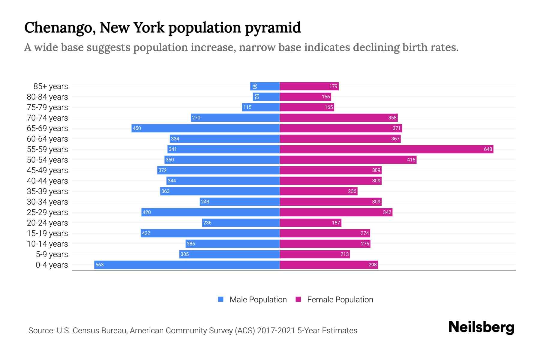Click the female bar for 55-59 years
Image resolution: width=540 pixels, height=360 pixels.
click(x=386, y=149)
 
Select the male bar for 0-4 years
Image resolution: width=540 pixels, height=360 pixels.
click(x=187, y=265)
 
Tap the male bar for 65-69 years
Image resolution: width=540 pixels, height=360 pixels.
click(x=205, y=128)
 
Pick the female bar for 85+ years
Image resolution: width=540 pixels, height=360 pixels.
click(x=309, y=86)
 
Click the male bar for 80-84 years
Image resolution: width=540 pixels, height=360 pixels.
click(x=266, y=97)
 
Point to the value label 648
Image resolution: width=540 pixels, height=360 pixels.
click(x=488, y=149)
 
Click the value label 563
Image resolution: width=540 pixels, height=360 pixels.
click(x=99, y=265)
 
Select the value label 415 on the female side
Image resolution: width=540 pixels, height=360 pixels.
click(x=411, y=160)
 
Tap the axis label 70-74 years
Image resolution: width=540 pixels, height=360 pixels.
click(x=47, y=118)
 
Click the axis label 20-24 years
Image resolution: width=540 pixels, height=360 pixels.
click(x=47, y=223)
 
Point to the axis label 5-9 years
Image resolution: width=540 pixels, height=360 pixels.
click(x=52, y=254)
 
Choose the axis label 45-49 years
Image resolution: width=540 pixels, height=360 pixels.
click(x=47, y=170)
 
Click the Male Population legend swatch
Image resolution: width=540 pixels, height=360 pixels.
click(x=221, y=299)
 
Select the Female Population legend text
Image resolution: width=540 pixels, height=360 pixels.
click(x=340, y=299)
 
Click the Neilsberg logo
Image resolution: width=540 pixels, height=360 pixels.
click(x=481, y=327)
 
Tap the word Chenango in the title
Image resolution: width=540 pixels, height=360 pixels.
click(x=60, y=28)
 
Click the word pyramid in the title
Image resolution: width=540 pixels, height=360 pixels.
click(x=273, y=28)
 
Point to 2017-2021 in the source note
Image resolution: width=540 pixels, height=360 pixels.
click(x=276, y=331)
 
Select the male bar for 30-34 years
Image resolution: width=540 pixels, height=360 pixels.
click(x=240, y=202)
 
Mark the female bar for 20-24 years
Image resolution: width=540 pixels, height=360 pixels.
click(x=310, y=223)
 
